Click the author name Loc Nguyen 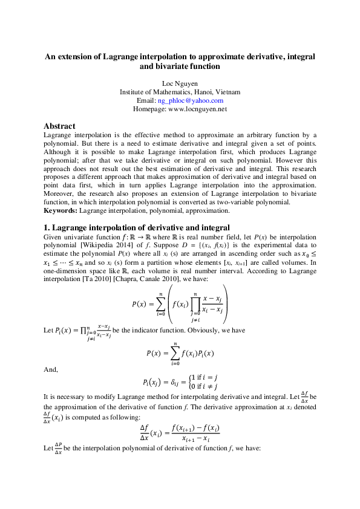tap(180, 82)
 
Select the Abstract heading tap(59, 126)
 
